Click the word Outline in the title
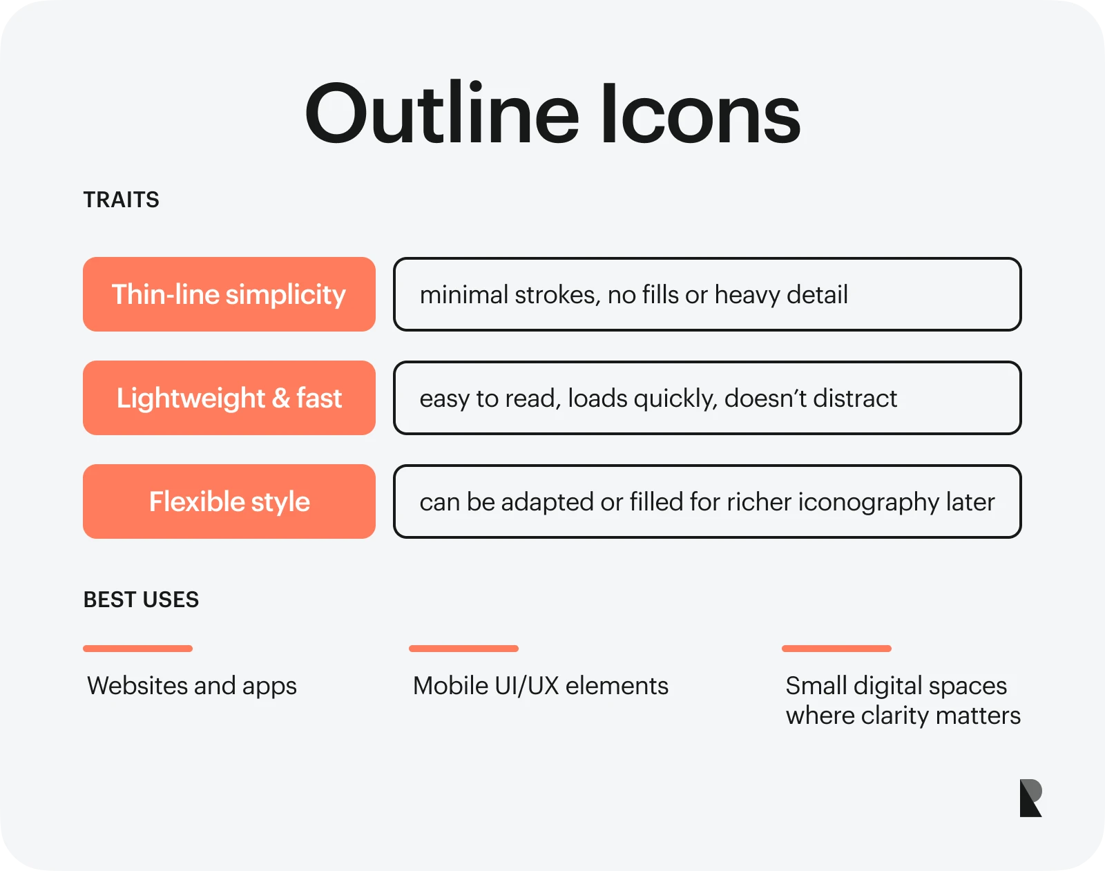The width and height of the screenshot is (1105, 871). click(442, 113)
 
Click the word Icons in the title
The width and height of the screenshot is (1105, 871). click(701, 113)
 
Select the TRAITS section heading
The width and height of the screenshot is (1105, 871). click(121, 200)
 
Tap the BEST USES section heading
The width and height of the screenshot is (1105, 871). click(141, 600)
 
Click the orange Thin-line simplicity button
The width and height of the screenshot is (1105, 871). click(229, 294)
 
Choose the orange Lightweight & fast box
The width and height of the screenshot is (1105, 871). click(229, 398)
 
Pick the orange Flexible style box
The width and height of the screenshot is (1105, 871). click(229, 501)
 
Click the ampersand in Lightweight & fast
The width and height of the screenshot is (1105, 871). click(281, 399)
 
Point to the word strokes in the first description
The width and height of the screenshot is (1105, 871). click(557, 296)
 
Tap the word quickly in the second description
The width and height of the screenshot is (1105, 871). click(675, 399)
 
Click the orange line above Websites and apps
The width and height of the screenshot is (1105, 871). click(137, 649)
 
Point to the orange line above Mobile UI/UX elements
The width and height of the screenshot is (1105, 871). click(463, 649)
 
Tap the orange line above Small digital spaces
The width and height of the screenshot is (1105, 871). click(836, 649)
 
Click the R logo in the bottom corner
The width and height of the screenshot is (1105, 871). click(1031, 798)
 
